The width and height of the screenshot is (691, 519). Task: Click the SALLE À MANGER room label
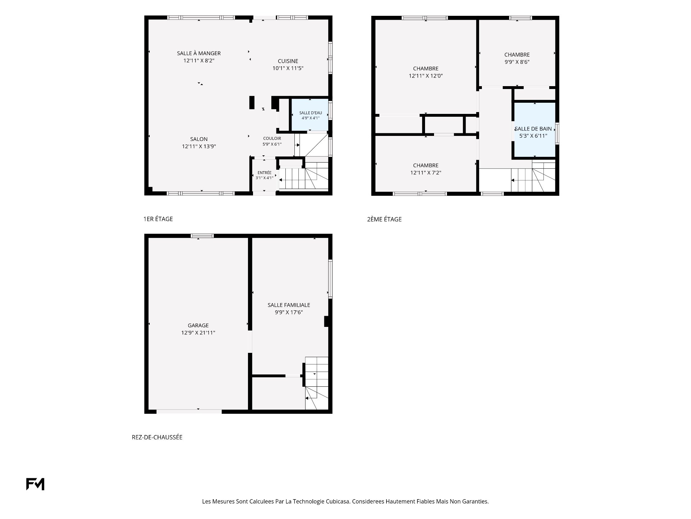coord(199,53)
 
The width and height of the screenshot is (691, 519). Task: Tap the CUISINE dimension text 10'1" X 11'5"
coord(288,68)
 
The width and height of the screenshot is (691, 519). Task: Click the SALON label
coord(199,139)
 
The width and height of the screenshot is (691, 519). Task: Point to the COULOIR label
coord(272,138)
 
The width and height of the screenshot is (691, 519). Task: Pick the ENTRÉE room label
coord(265,173)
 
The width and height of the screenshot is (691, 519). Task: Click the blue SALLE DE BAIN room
coord(535,130)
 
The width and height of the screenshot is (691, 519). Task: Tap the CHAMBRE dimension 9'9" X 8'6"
coord(517,62)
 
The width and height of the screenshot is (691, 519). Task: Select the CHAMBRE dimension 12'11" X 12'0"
coord(426,76)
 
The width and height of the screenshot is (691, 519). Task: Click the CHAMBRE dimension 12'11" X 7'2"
coord(426,173)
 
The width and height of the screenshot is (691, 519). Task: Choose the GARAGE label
coord(198,325)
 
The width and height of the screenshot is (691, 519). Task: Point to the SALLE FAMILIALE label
coord(289,305)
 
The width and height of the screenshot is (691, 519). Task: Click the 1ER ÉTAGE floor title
coord(158,219)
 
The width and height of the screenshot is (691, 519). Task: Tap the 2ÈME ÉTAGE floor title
coord(384,219)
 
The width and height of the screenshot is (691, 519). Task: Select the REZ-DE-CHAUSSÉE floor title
coord(157,437)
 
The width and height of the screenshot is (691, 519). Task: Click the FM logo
coord(35,484)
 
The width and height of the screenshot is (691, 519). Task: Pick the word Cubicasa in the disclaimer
coord(338,501)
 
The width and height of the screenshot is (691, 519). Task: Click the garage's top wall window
coord(202,236)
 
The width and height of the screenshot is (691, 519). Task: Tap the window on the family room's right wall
coord(330,279)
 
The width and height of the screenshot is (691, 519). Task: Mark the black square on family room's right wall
coord(326,321)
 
